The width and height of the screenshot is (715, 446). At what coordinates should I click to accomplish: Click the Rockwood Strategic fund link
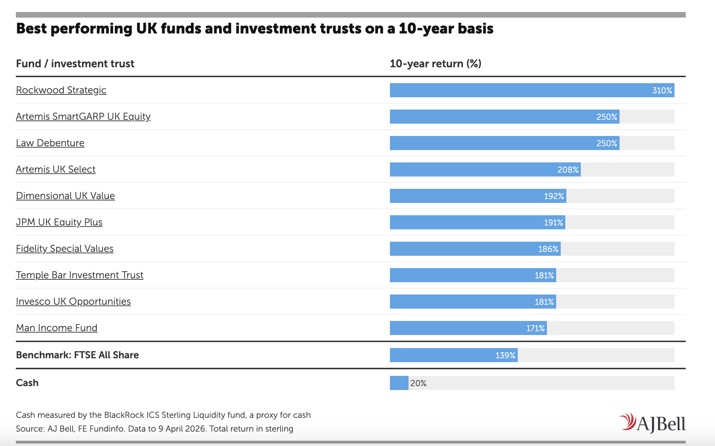click(x=61, y=90)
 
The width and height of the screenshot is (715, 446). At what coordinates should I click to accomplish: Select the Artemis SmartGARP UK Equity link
click(x=83, y=117)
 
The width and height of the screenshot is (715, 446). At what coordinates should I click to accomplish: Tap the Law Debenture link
click(x=50, y=143)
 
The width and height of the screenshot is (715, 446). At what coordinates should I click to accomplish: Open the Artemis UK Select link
click(x=56, y=169)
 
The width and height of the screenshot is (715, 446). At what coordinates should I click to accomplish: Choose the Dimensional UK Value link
click(x=65, y=196)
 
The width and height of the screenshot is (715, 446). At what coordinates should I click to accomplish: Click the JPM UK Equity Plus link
click(x=59, y=222)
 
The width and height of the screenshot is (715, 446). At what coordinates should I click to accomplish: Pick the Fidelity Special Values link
click(x=64, y=249)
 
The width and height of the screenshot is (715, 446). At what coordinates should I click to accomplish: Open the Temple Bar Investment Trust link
click(x=80, y=275)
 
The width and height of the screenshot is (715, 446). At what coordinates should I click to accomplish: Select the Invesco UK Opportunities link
click(x=73, y=302)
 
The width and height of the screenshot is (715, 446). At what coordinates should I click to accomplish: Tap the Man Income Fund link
click(x=56, y=328)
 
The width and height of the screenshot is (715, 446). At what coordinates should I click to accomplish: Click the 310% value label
click(x=662, y=91)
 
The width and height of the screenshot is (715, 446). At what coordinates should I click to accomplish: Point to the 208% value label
click(x=568, y=170)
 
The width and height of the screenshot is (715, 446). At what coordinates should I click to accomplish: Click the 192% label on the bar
click(x=554, y=196)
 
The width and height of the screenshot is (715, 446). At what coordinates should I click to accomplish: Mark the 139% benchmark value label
click(x=505, y=355)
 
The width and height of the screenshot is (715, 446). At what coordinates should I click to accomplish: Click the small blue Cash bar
click(x=399, y=383)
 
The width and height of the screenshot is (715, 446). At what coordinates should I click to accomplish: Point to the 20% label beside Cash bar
click(x=418, y=383)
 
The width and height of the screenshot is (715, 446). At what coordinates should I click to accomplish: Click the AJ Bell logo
click(x=652, y=423)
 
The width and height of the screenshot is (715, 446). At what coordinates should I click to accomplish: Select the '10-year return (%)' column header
click(x=435, y=64)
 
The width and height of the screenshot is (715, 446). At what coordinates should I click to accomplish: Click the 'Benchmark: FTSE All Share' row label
click(x=77, y=355)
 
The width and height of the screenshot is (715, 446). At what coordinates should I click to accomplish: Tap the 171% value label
click(x=535, y=328)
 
